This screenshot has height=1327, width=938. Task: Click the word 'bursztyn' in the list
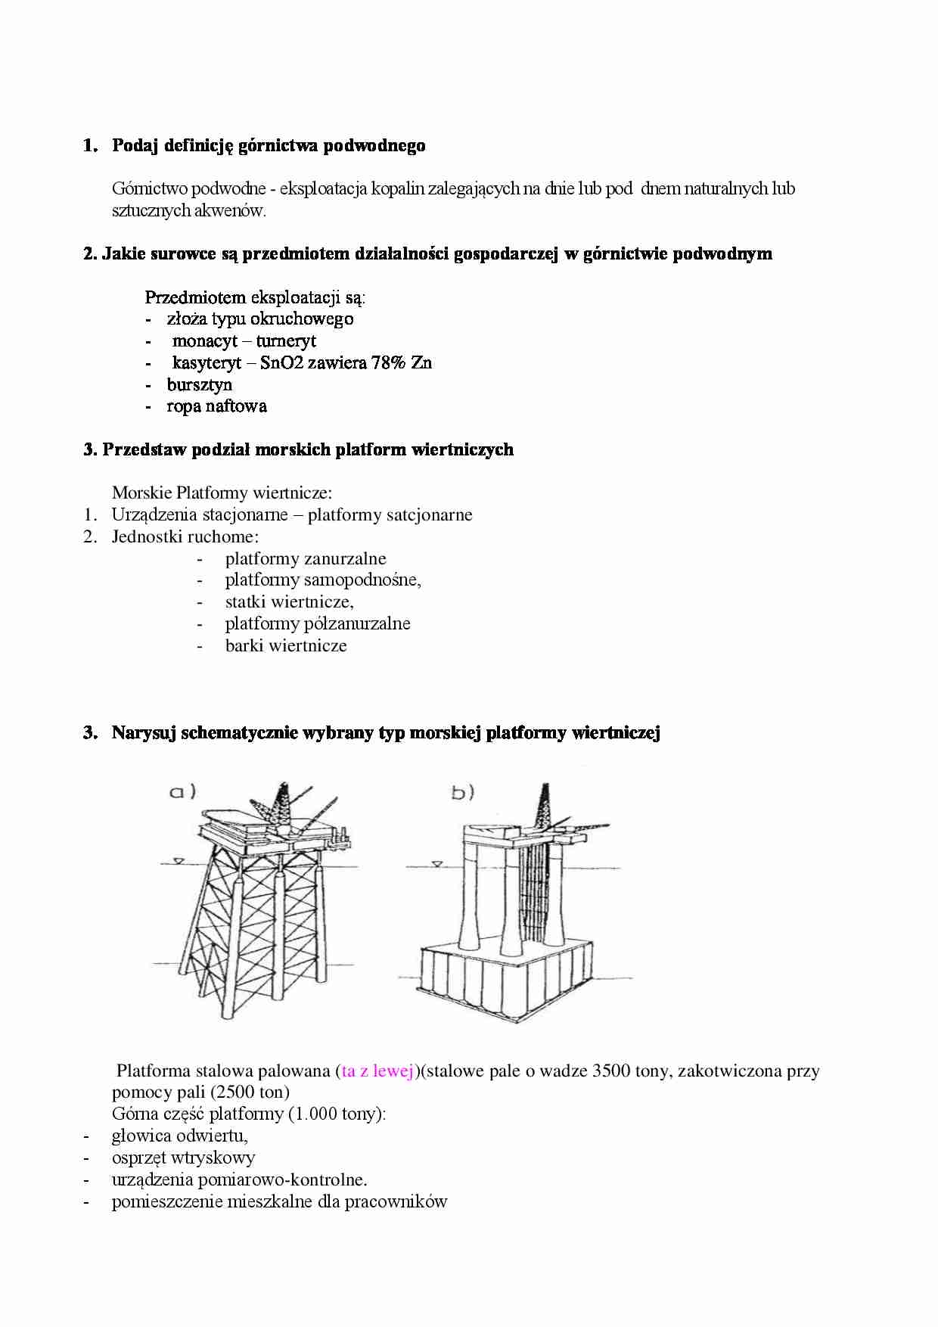tap(199, 385)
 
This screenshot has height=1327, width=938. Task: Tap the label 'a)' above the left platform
tap(182, 791)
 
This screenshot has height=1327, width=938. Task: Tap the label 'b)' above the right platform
tap(462, 792)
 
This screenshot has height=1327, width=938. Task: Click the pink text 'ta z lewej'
tap(377, 1071)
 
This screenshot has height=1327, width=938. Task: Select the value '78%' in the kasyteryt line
tap(389, 363)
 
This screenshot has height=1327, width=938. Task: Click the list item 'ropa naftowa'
tap(216, 406)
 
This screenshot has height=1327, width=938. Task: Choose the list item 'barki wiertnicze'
tap(286, 646)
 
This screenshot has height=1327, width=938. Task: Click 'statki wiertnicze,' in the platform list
tap(289, 602)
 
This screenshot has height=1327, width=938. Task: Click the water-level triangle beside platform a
tap(179, 860)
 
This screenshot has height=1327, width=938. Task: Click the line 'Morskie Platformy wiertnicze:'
tap(222, 493)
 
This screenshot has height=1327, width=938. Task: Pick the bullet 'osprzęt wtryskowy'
tap(183, 1158)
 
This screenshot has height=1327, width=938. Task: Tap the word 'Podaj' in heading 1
tap(135, 145)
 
